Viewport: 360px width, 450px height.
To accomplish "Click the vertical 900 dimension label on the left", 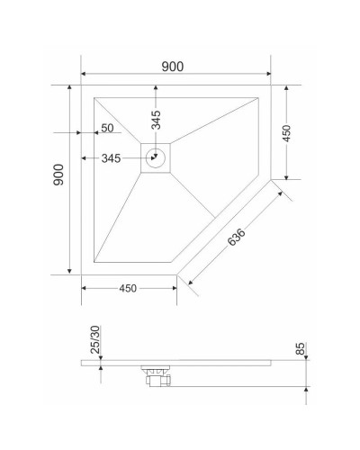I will pos(58,175).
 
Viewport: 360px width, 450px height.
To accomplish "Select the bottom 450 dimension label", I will pos(127,289).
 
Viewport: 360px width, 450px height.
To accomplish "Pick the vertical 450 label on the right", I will pos(286,132).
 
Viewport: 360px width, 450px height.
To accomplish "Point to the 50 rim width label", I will pos(107,129).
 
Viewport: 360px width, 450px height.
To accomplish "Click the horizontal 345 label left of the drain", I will pos(112,158).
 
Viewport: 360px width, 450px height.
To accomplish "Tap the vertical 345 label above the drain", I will pos(157,118).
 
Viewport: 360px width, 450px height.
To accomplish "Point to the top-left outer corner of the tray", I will pos(82,85).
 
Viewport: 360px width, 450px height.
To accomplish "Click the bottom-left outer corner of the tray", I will pos(82,274).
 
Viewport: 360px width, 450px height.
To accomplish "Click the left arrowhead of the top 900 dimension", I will pos(85,74).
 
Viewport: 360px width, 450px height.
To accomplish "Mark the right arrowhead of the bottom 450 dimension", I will pos(173,288).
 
